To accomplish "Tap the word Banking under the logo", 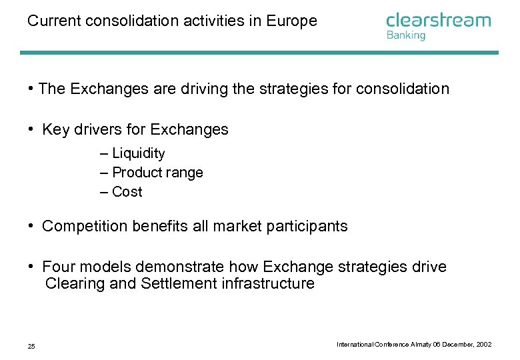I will (x=405, y=35).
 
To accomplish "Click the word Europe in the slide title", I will (x=291, y=21).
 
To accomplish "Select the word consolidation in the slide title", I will (x=115, y=21).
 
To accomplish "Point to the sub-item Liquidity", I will (x=138, y=153).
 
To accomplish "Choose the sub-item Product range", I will (x=157, y=173).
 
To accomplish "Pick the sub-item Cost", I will (x=127, y=192).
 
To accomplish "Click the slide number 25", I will (x=31, y=346).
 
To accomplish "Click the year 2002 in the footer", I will (x=483, y=344).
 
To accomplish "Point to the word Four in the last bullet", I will (x=58, y=267).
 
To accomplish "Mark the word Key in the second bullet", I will (x=55, y=130).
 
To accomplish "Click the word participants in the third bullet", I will (x=307, y=227).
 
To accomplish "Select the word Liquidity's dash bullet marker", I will (x=104, y=154).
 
